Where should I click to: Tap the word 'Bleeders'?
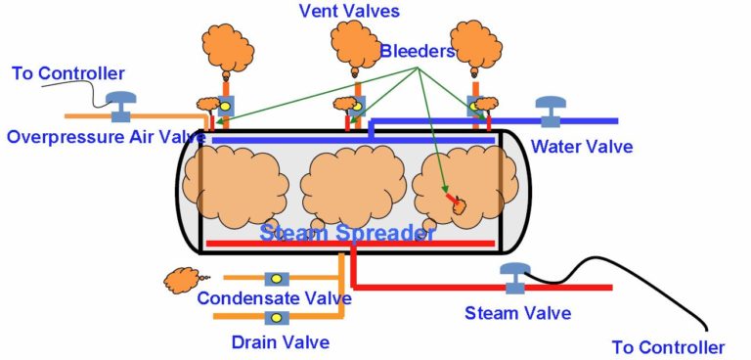pos(419,51)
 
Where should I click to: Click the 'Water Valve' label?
pos(582,148)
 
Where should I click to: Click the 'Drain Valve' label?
pos(281,341)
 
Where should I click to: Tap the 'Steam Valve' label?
pos(518,313)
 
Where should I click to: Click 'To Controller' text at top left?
pos(68,73)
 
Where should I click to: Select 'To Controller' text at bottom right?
pos(669,347)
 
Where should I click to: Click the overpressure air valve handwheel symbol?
pos(121,103)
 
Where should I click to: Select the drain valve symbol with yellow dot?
pos(277,318)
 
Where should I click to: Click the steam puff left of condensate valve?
pos(177,281)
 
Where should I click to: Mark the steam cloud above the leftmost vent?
pos(228,47)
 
